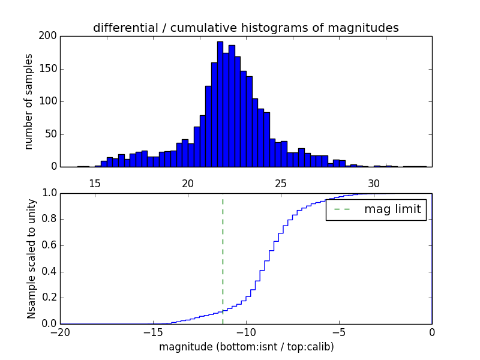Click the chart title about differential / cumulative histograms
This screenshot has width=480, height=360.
tap(245, 28)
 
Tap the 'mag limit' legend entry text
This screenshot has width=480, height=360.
tap(392, 209)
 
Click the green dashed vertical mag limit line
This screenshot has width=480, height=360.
tap(223, 252)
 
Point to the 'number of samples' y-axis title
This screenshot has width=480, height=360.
tap(29, 101)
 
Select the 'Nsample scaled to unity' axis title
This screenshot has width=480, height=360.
tap(31, 259)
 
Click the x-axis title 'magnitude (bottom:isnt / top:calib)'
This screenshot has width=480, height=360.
tap(246, 347)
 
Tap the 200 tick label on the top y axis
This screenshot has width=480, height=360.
tap(47, 36)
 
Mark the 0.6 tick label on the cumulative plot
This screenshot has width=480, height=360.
tap(48, 245)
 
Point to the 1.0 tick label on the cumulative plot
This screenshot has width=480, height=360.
tap(48, 193)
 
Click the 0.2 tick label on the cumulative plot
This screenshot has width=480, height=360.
tap(48, 298)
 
